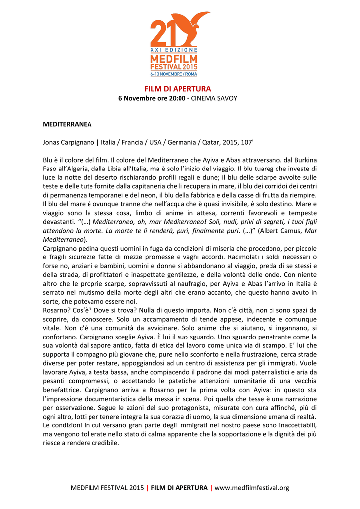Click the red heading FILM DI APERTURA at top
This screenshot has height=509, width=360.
point(178,89)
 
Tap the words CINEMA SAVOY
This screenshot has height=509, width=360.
point(216,98)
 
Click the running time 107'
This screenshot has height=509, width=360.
point(245,142)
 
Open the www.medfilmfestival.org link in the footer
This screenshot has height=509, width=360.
point(252,488)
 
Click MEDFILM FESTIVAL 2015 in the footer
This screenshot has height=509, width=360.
point(107,488)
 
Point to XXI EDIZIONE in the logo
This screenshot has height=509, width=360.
point(174,50)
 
